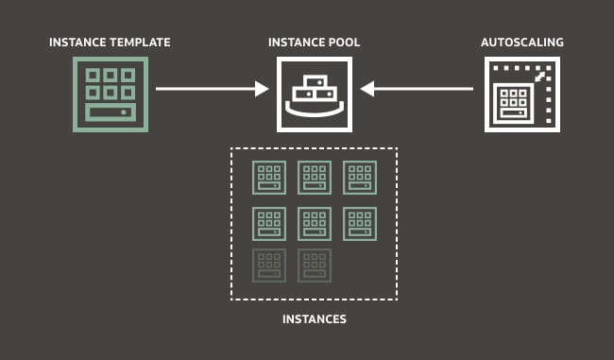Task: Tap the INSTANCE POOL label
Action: click(314, 43)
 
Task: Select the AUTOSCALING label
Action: click(521, 43)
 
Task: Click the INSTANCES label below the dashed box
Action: click(315, 319)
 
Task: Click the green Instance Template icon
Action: click(111, 94)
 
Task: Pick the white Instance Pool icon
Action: click(314, 94)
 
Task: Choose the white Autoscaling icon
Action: click(521, 94)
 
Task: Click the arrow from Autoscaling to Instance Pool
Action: click(418, 90)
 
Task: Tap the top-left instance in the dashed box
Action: click(268, 177)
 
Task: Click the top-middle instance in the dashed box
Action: click(314, 177)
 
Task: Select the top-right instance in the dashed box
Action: click(359, 177)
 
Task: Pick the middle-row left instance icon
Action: click(268, 222)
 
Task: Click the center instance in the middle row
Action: click(314, 222)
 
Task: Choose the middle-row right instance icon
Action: click(359, 222)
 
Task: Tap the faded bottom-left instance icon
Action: click(268, 266)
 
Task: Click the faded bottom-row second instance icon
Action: click(314, 266)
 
